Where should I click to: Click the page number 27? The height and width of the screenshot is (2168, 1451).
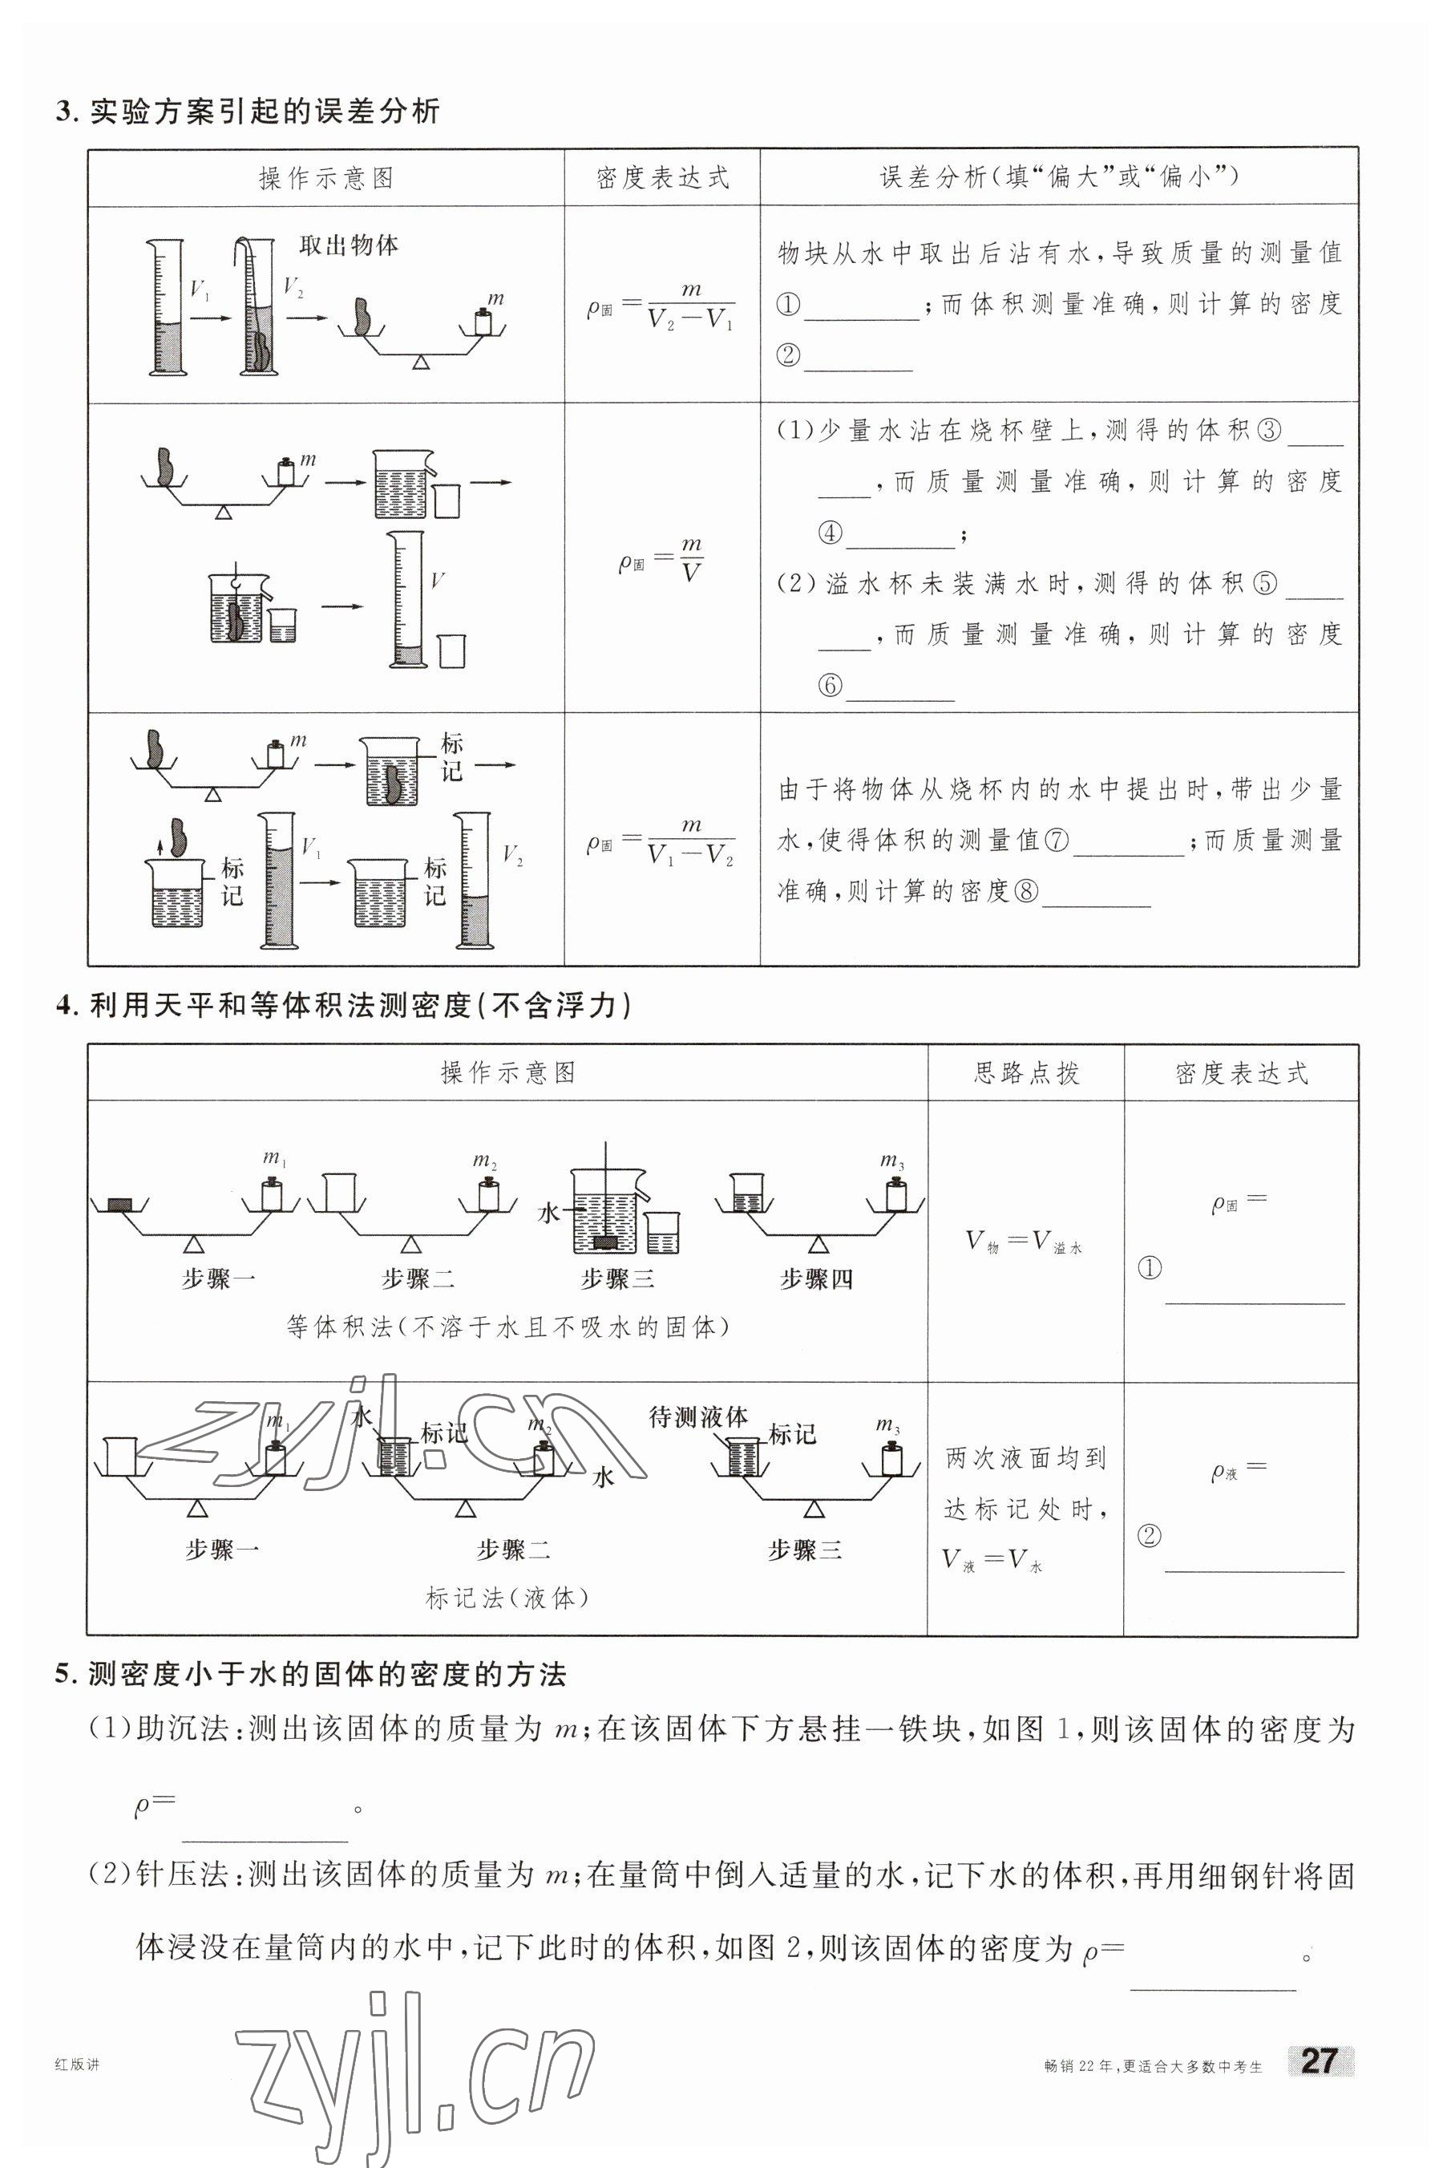point(1319,2060)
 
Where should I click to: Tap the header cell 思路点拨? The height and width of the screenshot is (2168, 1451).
point(1026,1073)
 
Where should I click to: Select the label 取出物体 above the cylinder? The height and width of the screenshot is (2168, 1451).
point(349,245)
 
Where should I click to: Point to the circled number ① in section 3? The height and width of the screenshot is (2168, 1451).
point(787,305)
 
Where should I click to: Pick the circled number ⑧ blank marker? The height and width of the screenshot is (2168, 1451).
point(1026,891)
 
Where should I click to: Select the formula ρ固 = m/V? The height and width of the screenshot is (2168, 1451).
point(661,559)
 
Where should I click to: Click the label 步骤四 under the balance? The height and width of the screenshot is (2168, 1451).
point(815,1279)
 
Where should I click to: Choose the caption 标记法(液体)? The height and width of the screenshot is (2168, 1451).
point(507,1597)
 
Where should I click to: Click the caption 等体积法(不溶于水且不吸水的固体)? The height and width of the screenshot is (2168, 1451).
point(507,1327)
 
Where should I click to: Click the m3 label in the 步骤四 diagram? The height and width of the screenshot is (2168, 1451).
point(892,1161)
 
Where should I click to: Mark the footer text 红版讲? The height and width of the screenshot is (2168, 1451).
point(77,2065)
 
